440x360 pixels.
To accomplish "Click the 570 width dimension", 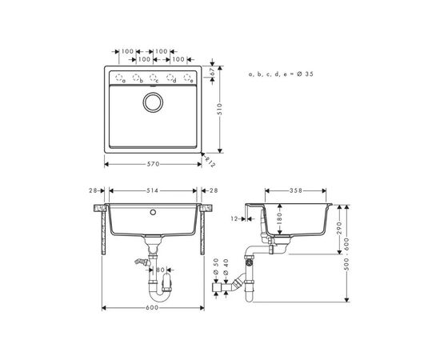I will click(x=153, y=164).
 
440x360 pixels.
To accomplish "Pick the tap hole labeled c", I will click(x=153, y=78).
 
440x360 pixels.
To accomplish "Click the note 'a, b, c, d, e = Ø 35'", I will click(x=280, y=74).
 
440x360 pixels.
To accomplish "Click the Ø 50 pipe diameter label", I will click(x=216, y=265).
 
